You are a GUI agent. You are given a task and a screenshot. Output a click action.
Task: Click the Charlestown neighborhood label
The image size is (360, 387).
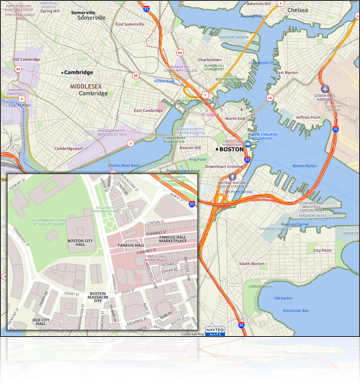(210, 59)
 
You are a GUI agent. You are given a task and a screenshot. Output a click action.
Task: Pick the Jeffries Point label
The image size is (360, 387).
(308, 117)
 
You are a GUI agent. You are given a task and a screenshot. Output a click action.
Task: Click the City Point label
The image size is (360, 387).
(322, 250)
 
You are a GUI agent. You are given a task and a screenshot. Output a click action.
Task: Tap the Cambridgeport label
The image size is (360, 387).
(69, 148)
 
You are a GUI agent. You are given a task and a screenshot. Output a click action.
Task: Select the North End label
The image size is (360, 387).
(235, 118)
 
